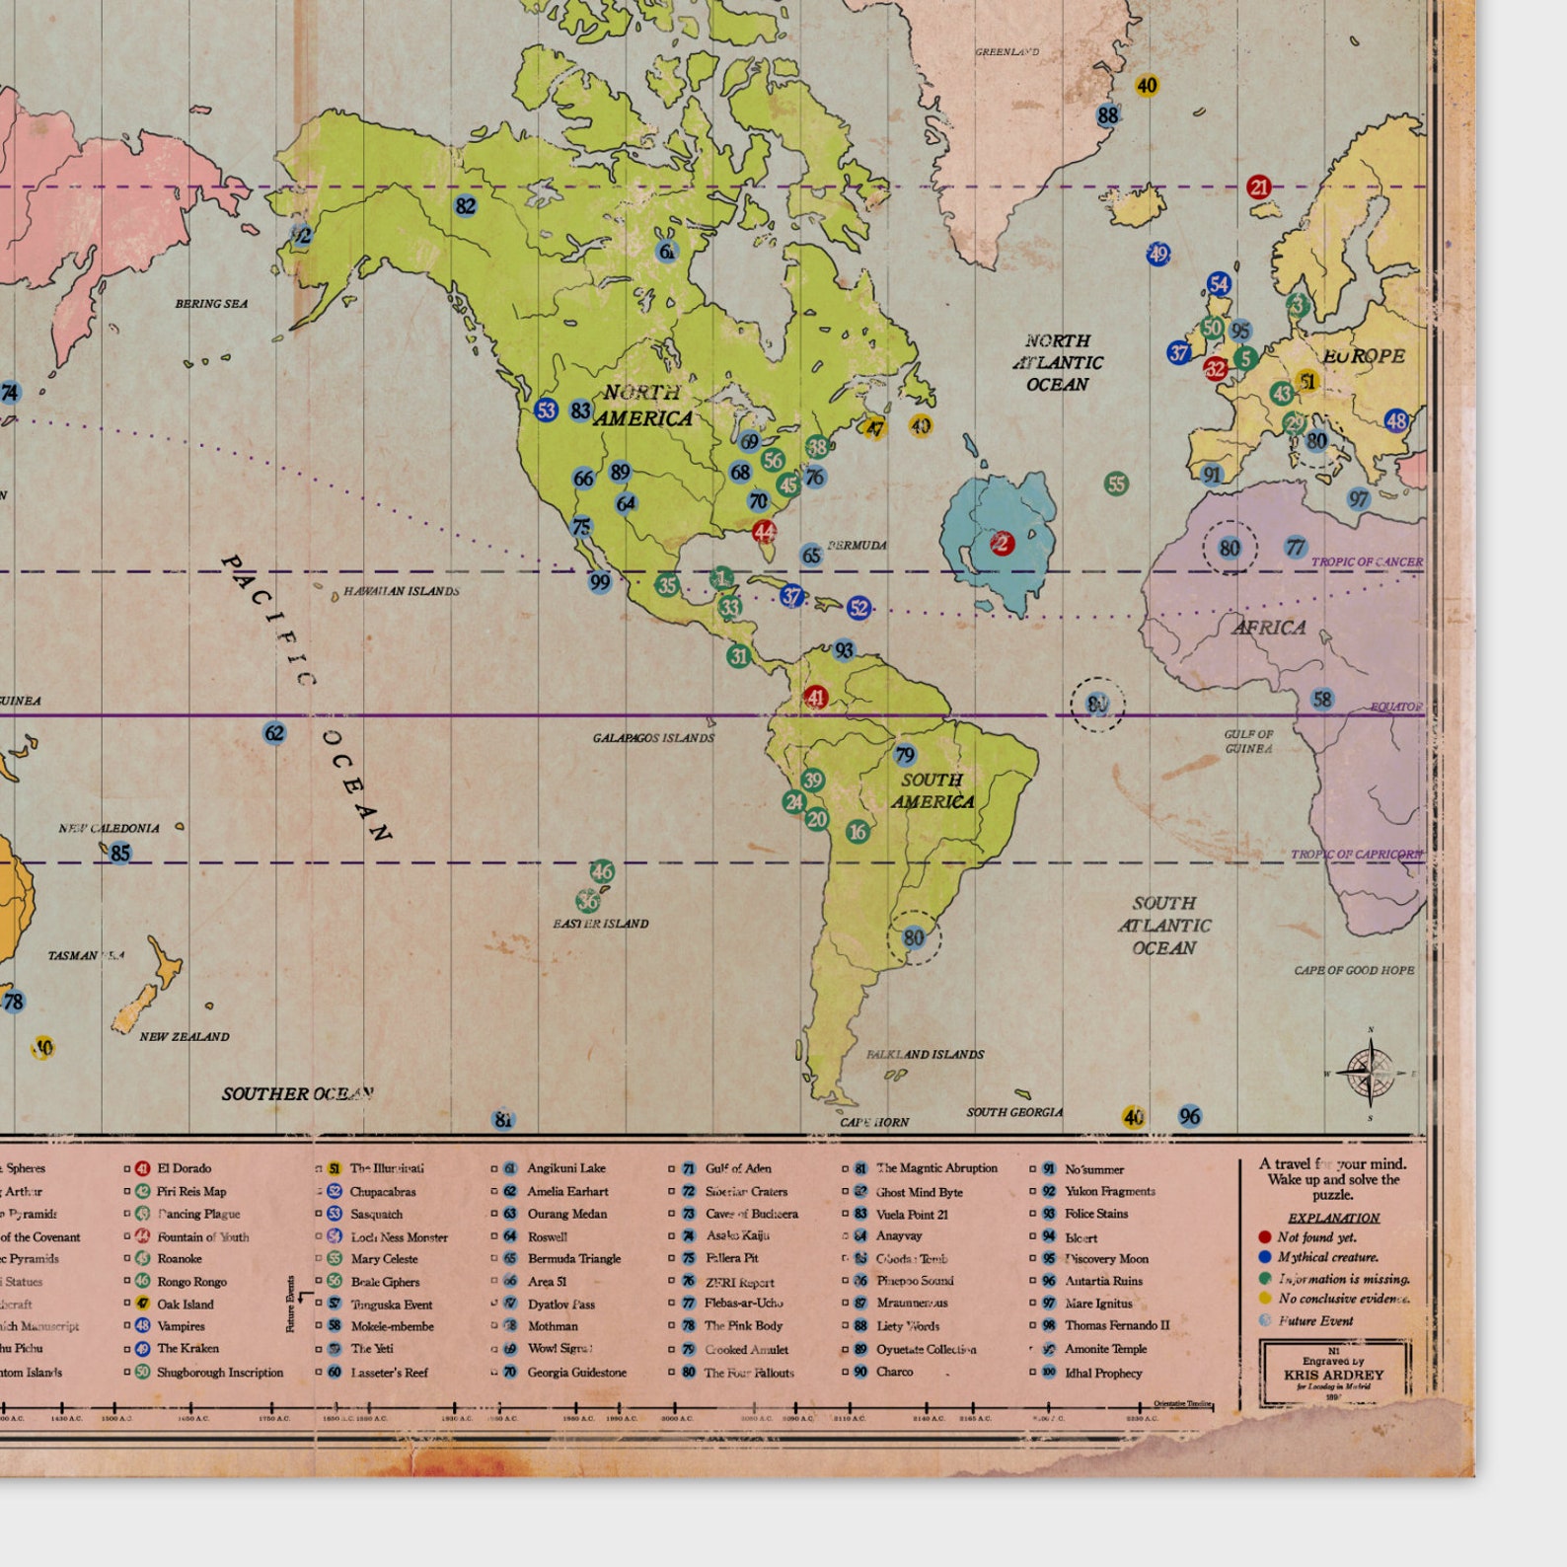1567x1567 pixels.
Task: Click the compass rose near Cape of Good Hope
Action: tap(1370, 1073)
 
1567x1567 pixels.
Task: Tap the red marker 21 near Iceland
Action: tap(1258, 187)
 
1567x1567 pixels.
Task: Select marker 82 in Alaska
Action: tap(466, 206)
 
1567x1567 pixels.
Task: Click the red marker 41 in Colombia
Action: tap(815, 698)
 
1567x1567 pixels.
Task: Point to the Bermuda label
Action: tap(857, 546)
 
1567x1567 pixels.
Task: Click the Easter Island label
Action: tap(600, 925)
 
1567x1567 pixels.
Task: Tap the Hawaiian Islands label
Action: tap(401, 592)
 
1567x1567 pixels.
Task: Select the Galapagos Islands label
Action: tap(653, 738)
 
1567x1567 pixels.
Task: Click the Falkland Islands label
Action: tap(925, 1055)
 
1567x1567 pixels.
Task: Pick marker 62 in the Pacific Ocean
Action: tap(274, 733)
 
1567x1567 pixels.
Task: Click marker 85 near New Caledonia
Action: tap(119, 854)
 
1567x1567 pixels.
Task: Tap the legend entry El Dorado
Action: tap(184, 1168)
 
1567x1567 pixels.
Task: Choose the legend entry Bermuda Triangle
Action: tap(573, 1259)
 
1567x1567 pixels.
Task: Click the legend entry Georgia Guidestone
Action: tap(576, 1373)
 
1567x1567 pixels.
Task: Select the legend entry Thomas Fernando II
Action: tap(1116, 1326)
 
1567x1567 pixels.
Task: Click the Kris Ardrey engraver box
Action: tap(1333, 1372)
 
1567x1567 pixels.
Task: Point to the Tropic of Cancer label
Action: tap(1367, 562)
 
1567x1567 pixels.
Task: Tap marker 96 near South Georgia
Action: tap(1190, 1117)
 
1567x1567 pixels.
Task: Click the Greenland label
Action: tap(1007, 52)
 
